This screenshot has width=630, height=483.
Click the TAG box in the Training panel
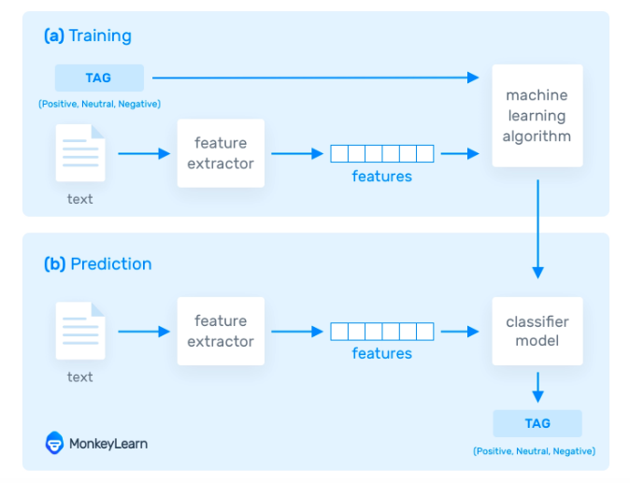99,78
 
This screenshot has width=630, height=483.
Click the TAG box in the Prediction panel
537,423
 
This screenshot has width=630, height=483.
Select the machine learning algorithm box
537,116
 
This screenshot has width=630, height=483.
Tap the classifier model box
537,331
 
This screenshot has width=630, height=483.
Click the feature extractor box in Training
221,153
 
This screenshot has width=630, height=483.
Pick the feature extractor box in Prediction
221,331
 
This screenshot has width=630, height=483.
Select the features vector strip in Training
381,153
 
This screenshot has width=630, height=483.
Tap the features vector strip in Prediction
381,331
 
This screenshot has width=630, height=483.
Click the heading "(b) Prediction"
97,263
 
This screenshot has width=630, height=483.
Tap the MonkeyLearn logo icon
54,443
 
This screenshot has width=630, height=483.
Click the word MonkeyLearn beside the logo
107,444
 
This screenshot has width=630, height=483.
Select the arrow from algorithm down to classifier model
537,229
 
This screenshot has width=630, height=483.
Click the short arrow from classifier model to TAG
537,384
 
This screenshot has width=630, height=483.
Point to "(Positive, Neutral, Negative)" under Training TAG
99,104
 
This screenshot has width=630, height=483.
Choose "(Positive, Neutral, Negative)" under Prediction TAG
535,451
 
